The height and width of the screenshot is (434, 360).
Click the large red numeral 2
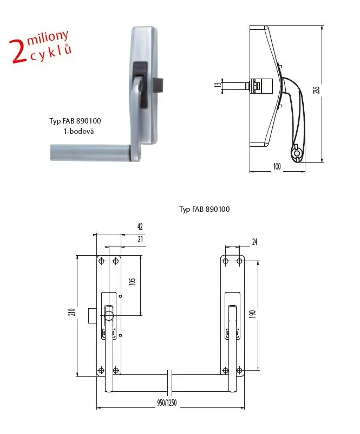coord(18,51)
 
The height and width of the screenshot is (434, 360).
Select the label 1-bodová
coord(78,131)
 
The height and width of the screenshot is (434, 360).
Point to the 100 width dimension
coord(277,166)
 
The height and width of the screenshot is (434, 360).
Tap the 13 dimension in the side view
coord(218,84)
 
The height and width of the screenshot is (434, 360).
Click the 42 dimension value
coord(140,226)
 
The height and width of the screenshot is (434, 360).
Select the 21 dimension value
coord(140,239)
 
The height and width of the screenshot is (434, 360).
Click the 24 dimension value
coord(254,242)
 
